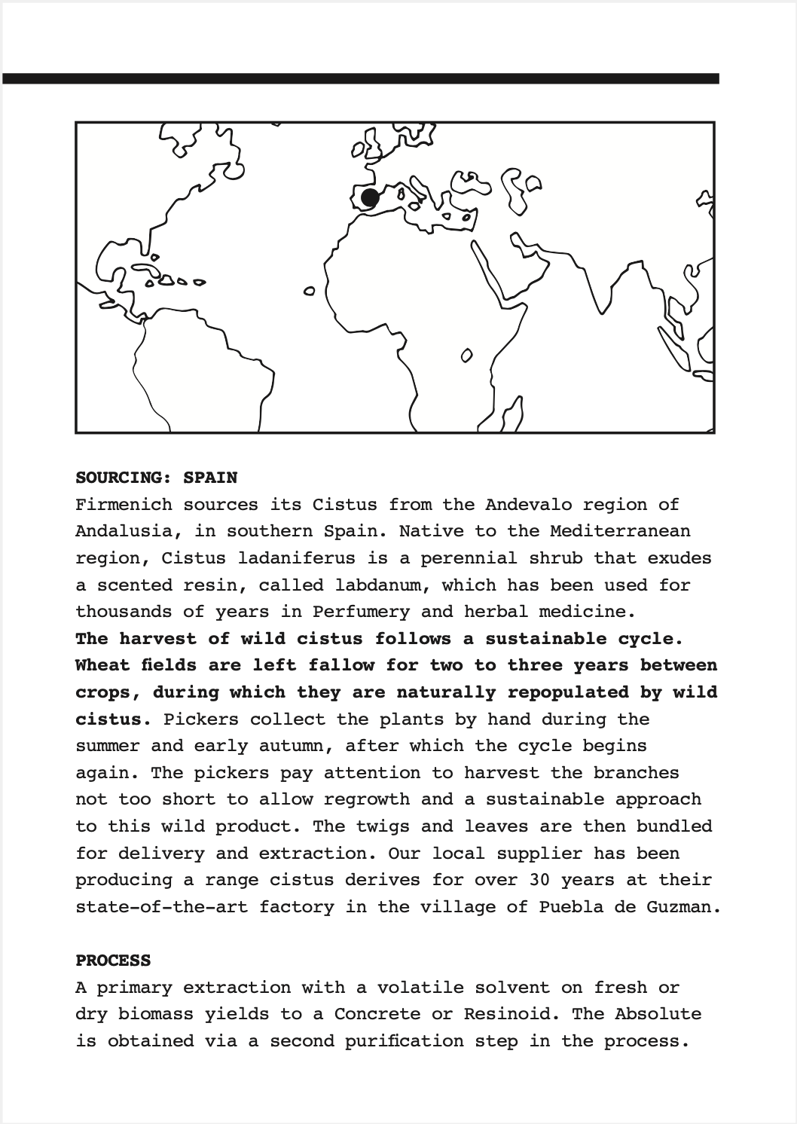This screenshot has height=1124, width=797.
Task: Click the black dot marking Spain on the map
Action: [x=369, y=198]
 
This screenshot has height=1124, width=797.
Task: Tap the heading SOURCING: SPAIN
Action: [x=156, y=478]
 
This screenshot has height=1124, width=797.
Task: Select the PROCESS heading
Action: [x=113, y=961]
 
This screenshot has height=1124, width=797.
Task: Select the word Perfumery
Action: [x=362, y=612]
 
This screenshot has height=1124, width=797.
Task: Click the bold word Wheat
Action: [x=102, y=665]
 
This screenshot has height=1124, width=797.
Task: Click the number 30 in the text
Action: [x=539, y=880]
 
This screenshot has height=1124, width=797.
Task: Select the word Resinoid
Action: [x=507, y=1014]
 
